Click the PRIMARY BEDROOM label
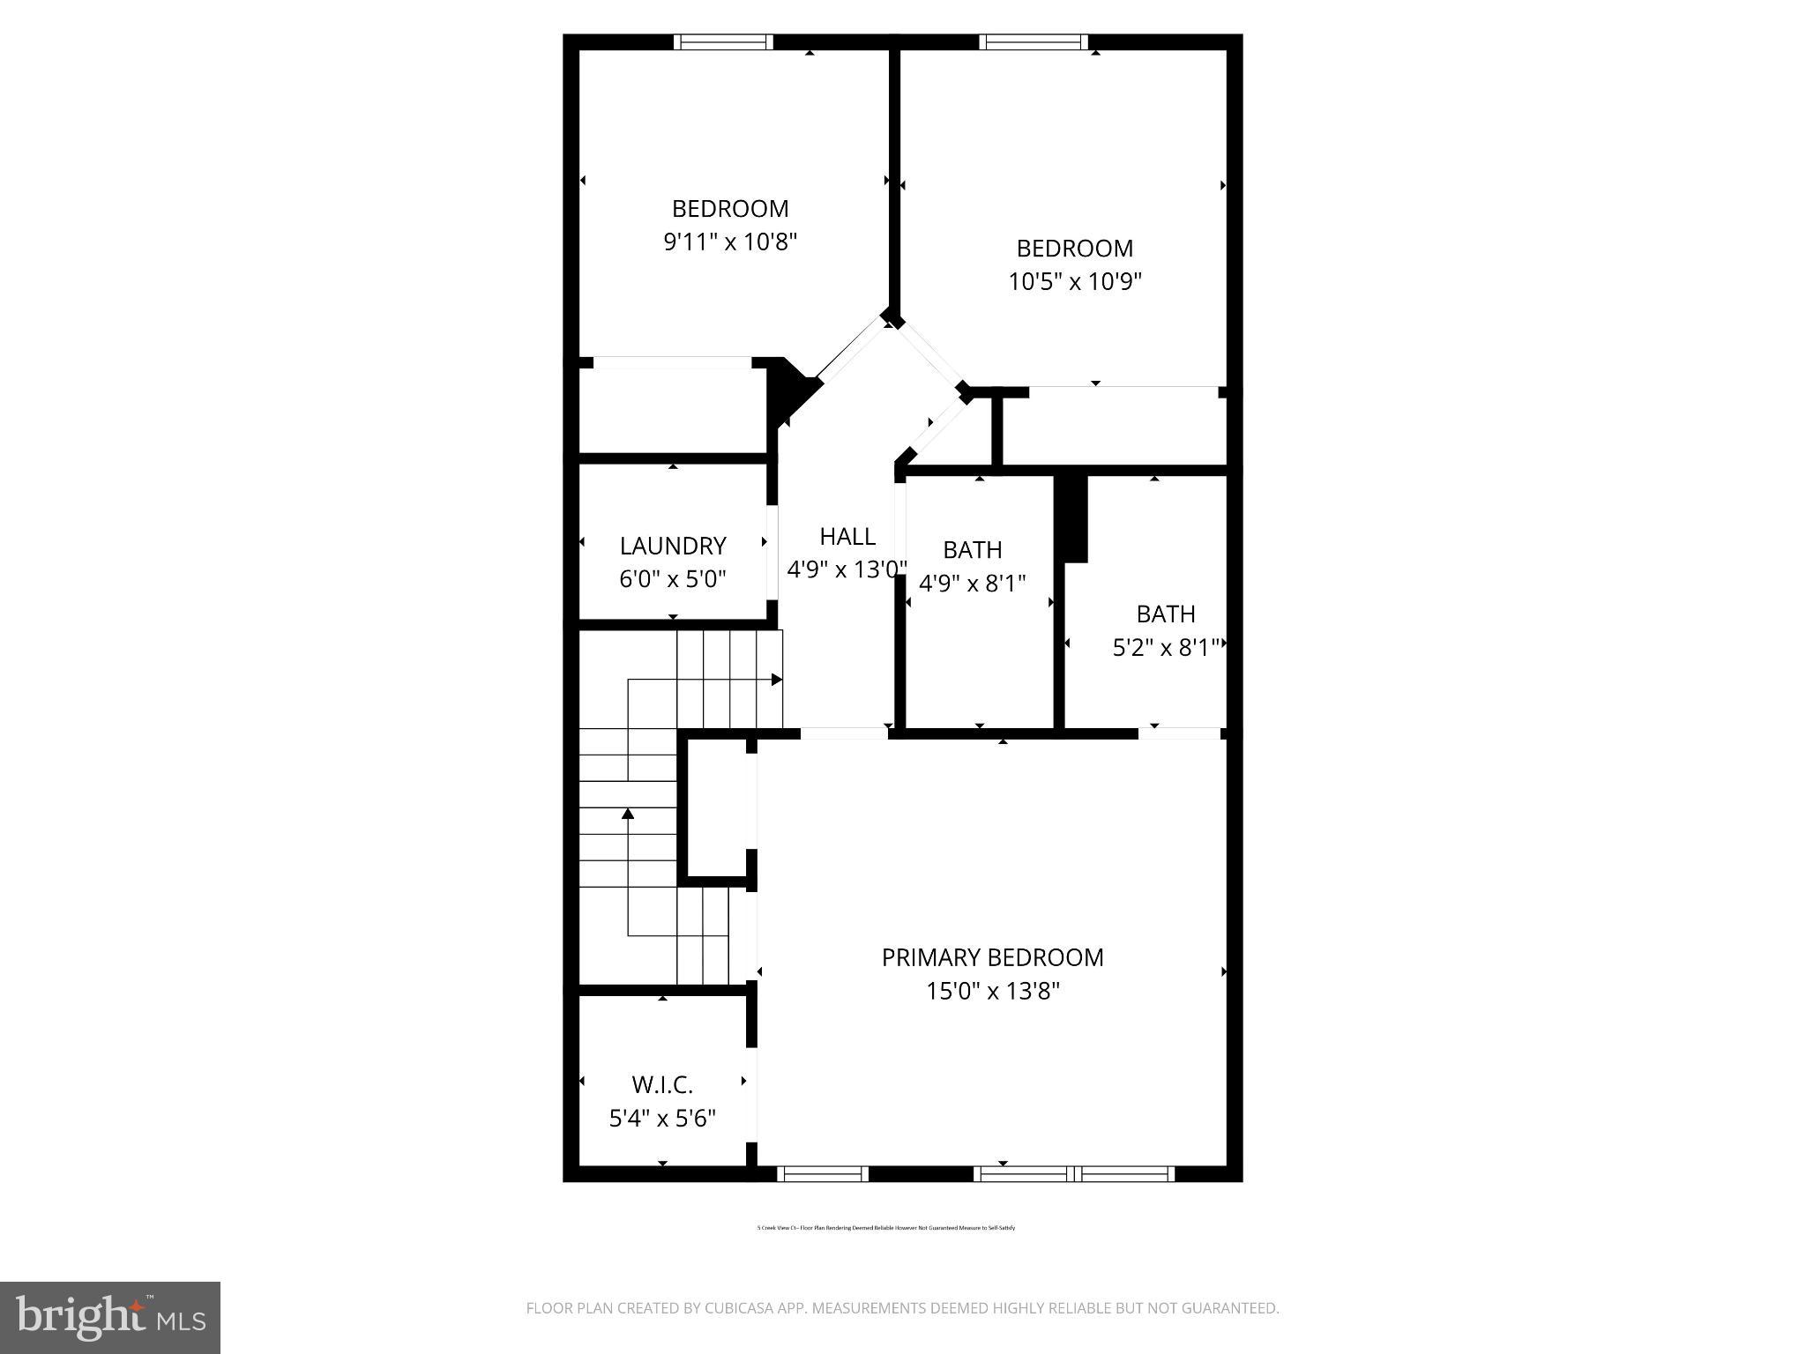[x=992, y=957]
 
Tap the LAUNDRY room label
[x=672, y=546]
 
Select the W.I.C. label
[x=662, y=1084]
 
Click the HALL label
[x=847, y=536]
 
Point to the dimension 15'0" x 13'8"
[x=992, y=992]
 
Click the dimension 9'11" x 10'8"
[x=730, y=242]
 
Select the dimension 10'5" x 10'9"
[x=1074, y=281]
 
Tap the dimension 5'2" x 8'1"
[x=1166, y=648]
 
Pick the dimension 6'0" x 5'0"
[x=672, y=579]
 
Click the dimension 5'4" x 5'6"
[x=662, y=1119]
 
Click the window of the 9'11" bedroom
[x=723, y=41]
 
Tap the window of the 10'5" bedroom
[x=1033, y=41]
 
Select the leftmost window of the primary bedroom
[x=823, y=1173]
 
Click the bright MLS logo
[x=110, y=1317]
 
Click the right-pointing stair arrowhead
[x=777, y=680]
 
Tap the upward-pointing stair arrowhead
[x=628, y=813]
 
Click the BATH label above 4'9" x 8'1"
[x=972, y=549]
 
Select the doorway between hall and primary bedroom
[x=844, y=733]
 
